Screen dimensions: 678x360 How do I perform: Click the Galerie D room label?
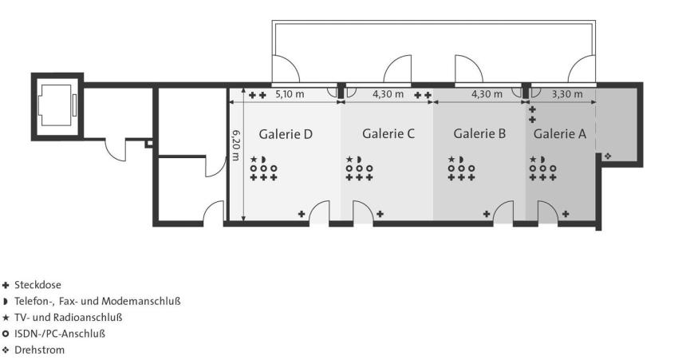tap(286, 134)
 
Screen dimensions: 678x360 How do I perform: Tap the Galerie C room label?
tap(388, 133)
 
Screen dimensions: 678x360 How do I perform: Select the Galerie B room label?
tap(479, 133)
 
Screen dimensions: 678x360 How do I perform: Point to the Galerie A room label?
tap(559, 133)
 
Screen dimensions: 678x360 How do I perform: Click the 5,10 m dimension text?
tap(290, 94)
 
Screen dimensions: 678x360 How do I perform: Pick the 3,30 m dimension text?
tap(567, 94)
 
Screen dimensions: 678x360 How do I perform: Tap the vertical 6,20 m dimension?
tap(236, 145)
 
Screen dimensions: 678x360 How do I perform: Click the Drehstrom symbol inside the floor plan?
tap(608, 156)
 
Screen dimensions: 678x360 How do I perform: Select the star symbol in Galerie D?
tap(254, 159)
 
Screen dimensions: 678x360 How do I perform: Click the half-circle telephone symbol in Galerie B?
tap(461, 159)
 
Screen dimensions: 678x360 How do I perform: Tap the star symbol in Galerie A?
tap(533, 159)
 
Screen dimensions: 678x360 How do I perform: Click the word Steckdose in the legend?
tap(37, 285)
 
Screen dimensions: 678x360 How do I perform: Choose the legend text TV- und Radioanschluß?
tap(69, 317)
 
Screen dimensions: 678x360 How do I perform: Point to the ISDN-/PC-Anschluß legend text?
tap(60, 334)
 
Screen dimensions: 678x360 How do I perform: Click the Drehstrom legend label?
tap(39, 350)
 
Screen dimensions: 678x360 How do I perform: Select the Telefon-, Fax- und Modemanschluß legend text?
tap(97, 301)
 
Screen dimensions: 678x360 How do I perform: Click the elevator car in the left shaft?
tap(55, 105)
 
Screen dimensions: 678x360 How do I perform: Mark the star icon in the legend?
tap(6, 318)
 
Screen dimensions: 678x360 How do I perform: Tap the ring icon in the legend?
tap(6, 334)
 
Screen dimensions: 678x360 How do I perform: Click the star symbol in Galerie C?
tap(349, 159)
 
